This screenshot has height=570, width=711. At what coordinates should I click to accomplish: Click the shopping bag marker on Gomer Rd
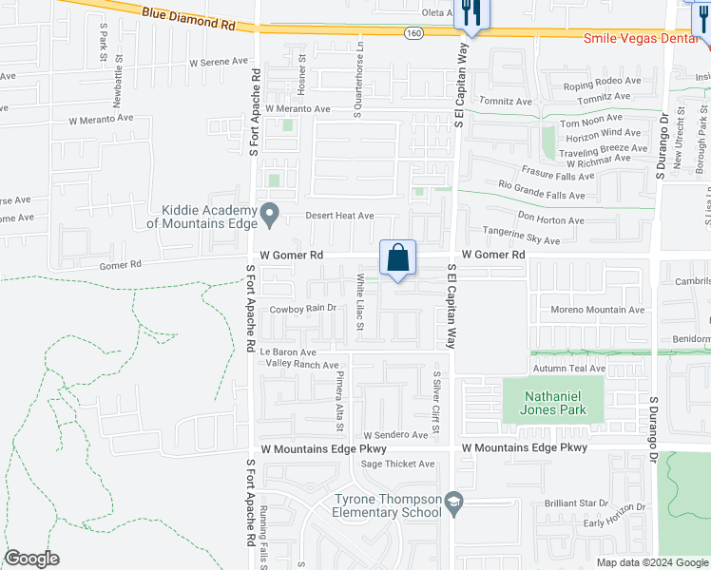[x=398, y=257]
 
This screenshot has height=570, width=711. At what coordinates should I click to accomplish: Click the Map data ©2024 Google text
[x=651, y=562]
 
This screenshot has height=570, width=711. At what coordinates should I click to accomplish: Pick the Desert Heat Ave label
[x=339, y=216]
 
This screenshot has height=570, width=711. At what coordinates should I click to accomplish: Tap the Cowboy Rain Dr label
[x=303, y=309]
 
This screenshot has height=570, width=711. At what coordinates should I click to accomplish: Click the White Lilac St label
[x=360, y=302]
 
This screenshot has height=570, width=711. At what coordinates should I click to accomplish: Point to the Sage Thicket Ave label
[x=397, y=465]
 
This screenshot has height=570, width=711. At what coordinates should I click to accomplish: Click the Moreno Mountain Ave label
[x=597, y=310]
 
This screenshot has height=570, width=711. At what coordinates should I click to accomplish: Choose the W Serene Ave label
[x=219, y=62]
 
